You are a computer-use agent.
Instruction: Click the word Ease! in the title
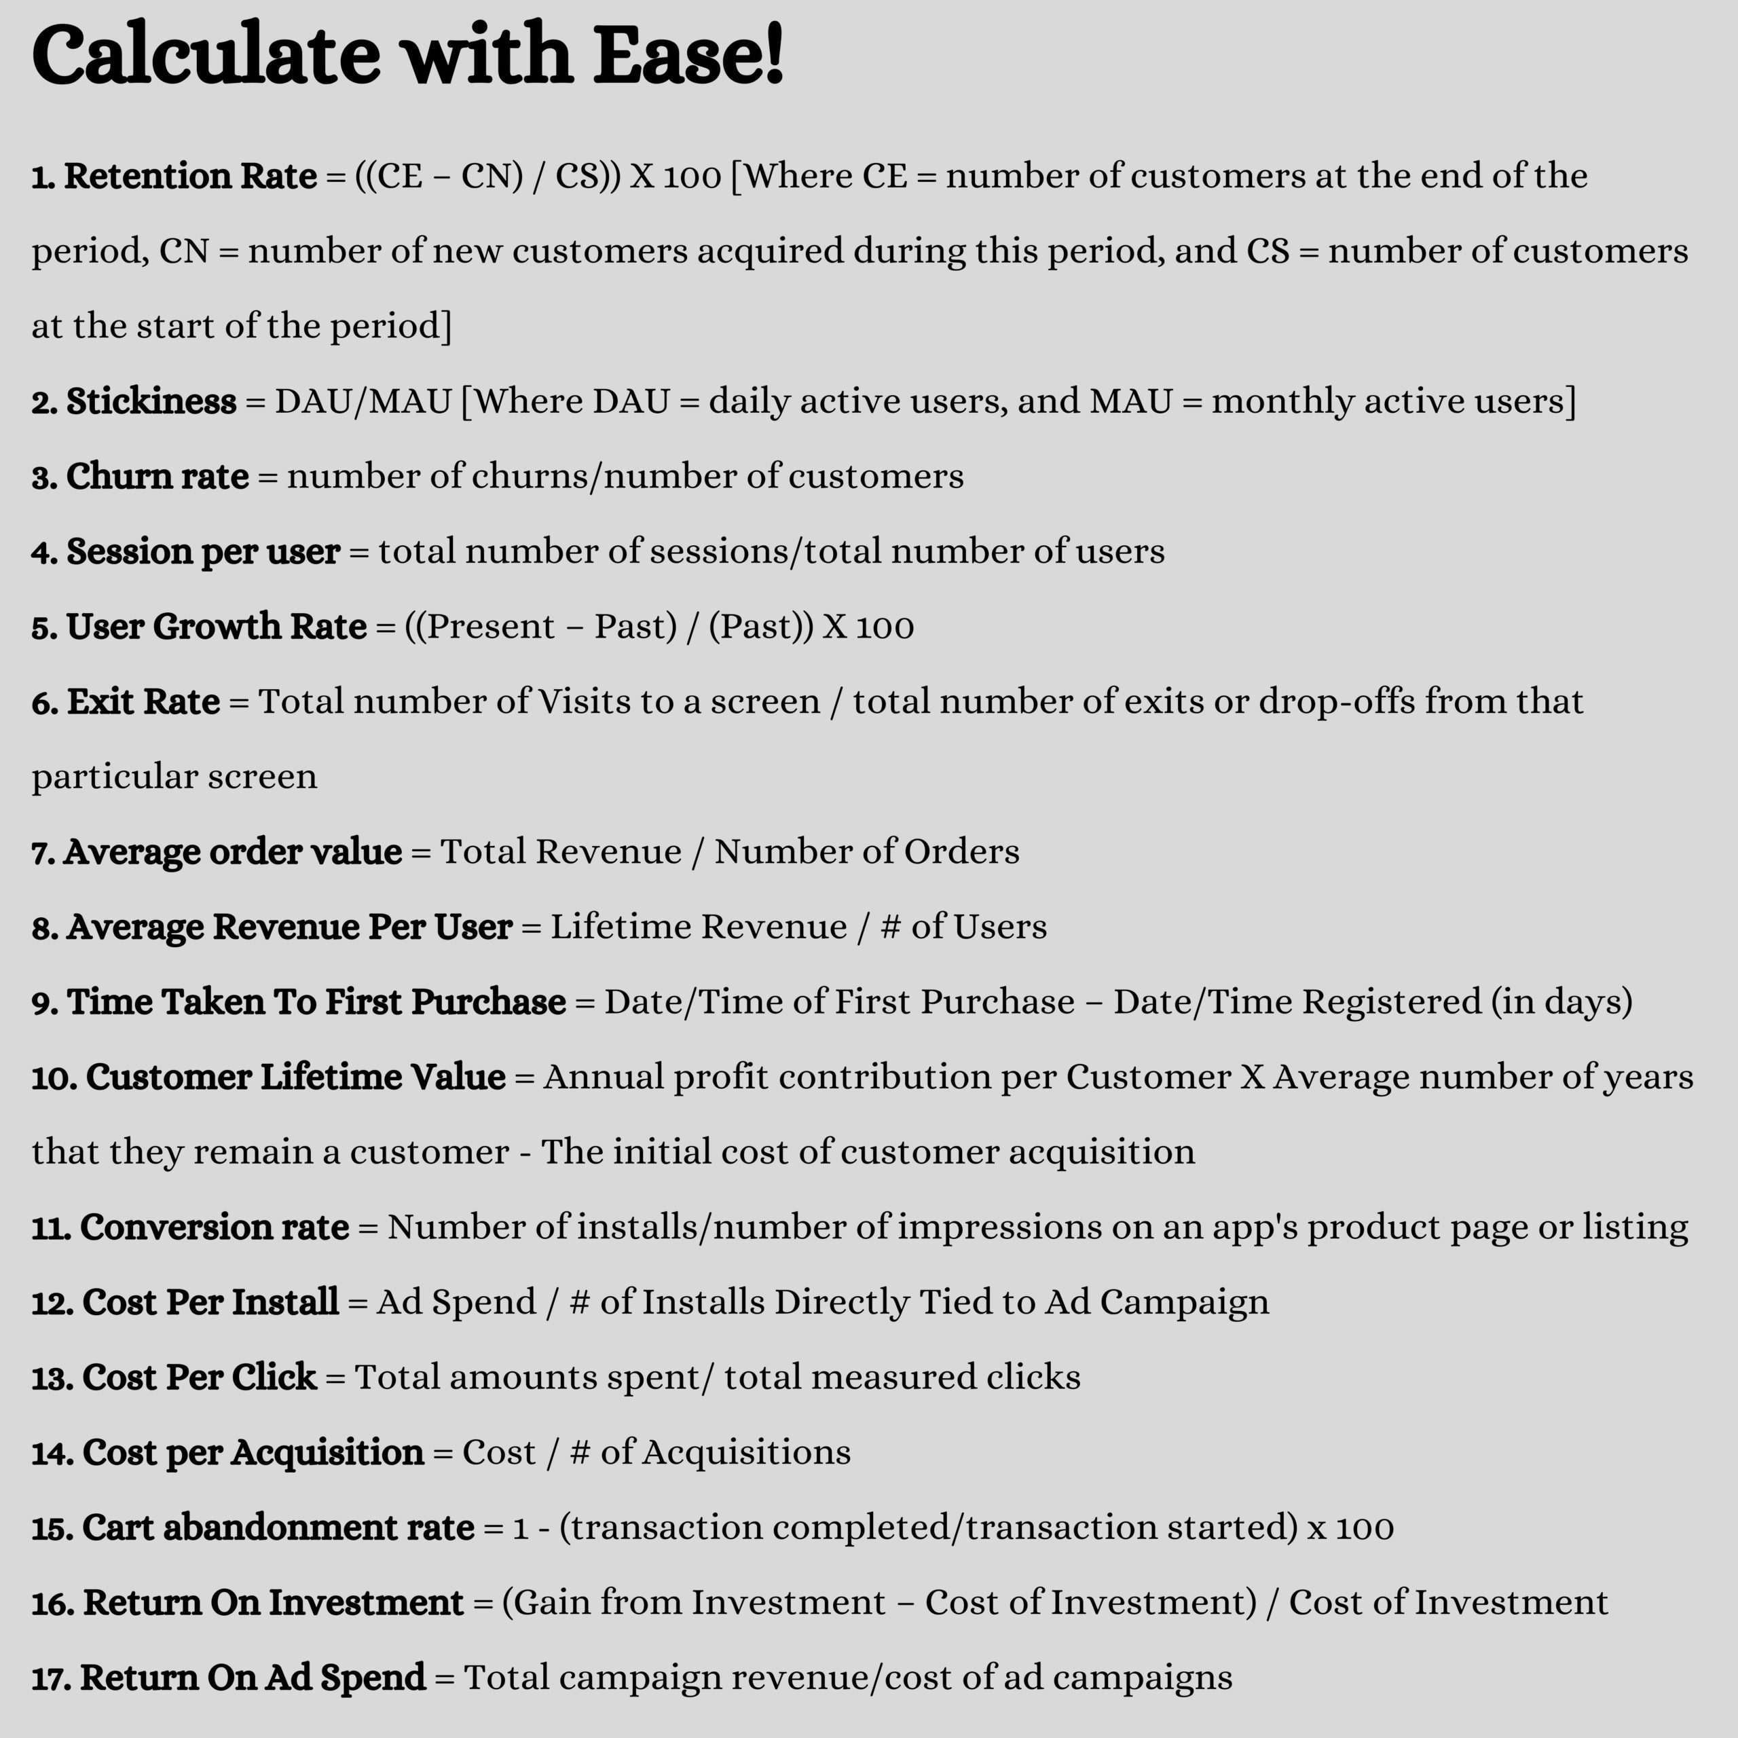(688, 56)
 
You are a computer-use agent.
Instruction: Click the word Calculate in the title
(206, 56)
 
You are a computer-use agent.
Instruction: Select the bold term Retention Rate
(190, 177)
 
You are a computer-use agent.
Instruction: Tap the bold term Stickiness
(151, 401)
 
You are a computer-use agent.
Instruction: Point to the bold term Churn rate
(157, 477)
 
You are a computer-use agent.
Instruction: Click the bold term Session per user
(202, 551)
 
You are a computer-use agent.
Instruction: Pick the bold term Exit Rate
(143, 702)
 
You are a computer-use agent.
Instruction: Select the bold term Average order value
(232, 852)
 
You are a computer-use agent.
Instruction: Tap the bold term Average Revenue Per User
(289, 927)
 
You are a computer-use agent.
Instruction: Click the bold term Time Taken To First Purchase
(316, 1002)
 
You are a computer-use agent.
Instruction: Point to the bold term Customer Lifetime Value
(295, 1077)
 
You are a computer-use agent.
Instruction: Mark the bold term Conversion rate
(214, 1227)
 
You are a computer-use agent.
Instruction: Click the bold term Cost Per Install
(210, 1301)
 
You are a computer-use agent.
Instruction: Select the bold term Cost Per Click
(199, 1378)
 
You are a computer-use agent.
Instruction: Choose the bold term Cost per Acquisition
(253, 1452)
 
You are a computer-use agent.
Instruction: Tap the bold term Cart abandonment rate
(278, 1528)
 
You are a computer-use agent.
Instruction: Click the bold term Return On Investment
(272, 1602)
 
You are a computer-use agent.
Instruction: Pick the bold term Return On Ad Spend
(253, 1678)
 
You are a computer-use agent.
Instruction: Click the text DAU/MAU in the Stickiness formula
(363, 401)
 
